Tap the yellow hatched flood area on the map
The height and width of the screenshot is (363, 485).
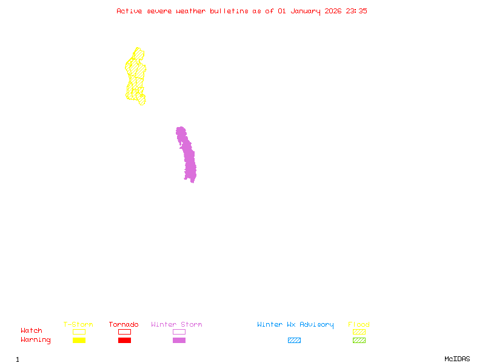pyautogui.click(x=136, y=76)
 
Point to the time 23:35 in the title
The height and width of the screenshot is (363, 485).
pyautogui.click(x=356, y=11)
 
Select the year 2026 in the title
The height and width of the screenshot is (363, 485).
pyautogui.click(x=332, y=11)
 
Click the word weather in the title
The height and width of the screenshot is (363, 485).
pyautogui.click(x=190, y=11)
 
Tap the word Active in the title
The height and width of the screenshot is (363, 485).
pyautogui.click(x=129, y=11)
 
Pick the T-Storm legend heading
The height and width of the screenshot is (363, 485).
pyautogui.click(x=78, y=325)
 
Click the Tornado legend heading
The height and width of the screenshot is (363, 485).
pyautogui.click(x=124, y=325)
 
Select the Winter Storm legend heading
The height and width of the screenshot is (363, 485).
pyautogui.click(x=176, y=325)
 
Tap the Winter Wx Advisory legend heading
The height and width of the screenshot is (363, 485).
pyautogui.click(x=295, y=325)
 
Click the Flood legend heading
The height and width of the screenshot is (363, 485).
pyautogui.click(x=359, y=325)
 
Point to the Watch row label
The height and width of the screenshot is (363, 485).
pyautogui.click(x=32, y=331)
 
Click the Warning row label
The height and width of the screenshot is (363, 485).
pyautogui.click(x=36, y=340)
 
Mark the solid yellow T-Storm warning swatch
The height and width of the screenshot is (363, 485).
pyautogui.click(x=79, y=341)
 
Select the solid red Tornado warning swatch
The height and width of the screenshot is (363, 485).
pyautogui.click(x=124, y=341)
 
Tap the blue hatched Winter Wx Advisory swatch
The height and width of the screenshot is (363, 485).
pyautogui.click(x=294, y=341)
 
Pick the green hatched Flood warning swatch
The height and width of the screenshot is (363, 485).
pyautogui.click(x=359, y=341)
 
